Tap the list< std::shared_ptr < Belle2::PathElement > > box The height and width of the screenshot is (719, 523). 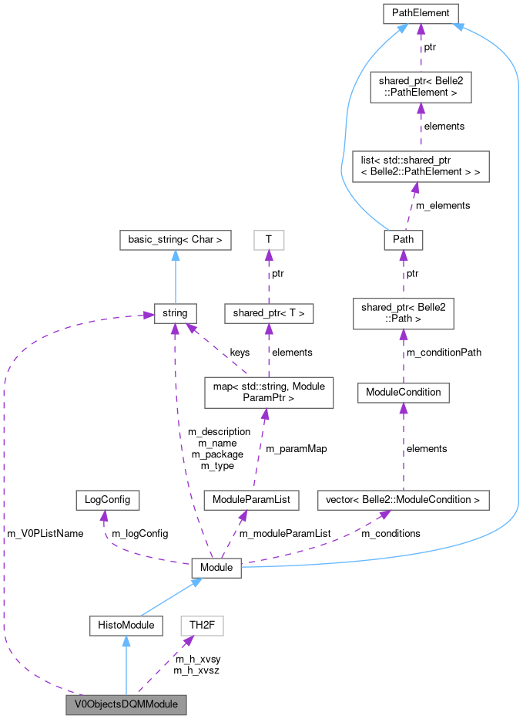click(421, 166)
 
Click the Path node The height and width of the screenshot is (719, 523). click(404, 239)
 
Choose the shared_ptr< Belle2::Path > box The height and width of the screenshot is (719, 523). click(404, 312)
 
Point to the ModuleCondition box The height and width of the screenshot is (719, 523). click(404, 392)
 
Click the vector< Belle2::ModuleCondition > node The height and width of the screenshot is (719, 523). click(404, 500)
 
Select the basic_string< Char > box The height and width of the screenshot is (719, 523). click(175, 240)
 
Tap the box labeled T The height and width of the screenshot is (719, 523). click(268, 240)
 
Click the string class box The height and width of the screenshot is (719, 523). click(175, 313)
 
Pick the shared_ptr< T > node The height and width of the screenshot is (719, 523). click(268, 313)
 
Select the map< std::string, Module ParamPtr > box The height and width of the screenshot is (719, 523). click(268, 392)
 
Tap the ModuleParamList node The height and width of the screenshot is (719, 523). click(251, 500)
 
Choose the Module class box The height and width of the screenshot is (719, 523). click(216, 568)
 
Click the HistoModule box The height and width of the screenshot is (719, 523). click(126, 625)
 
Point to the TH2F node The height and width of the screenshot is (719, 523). click(201, 625)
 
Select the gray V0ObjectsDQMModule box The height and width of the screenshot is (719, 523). click(126, 704)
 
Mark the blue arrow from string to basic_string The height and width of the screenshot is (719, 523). click(175, 278)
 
